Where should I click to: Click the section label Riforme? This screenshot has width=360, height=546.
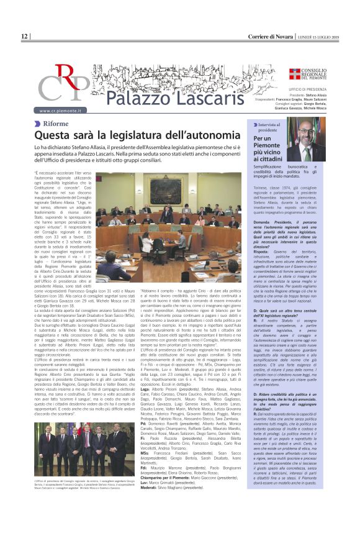(56, 123)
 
